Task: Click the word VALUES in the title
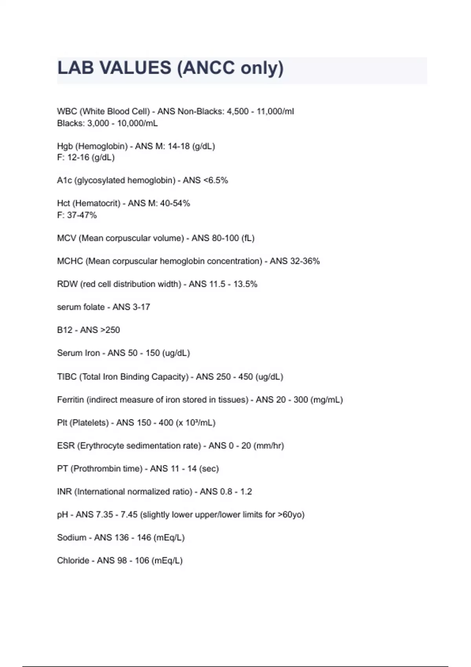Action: click(x=135, y=68)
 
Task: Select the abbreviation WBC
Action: click(x=67, y=111)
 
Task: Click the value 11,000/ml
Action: click(x=275, y=111)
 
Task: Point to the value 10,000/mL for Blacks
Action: click(x=137, y=123)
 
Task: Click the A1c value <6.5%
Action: click(x=215, y=180)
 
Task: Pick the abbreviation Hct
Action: click(x=64, y=203)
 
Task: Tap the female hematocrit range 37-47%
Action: click(x=82, y=215)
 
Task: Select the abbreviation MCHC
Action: click(x=70, y=261)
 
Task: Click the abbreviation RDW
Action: click(x=67, y=284)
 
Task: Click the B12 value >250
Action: click(x=110, y=330)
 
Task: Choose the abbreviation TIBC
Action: click(x=67, y=377)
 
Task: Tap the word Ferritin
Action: click(x=71, y=400)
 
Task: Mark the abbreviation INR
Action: click(x=64, y=492)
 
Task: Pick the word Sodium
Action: click(x=71, y=538)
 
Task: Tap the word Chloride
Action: click(x=73, y=561)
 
